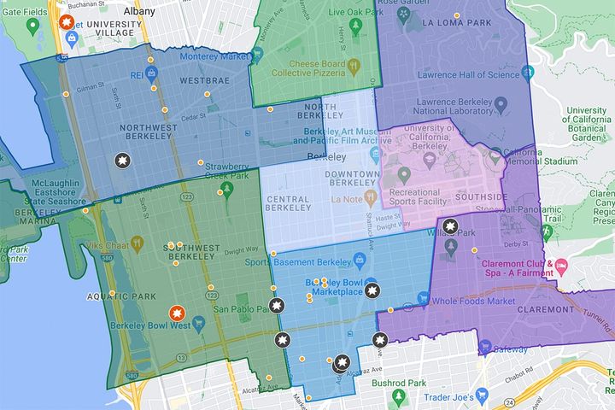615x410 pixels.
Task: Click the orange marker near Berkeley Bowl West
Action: tap(175, 313)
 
